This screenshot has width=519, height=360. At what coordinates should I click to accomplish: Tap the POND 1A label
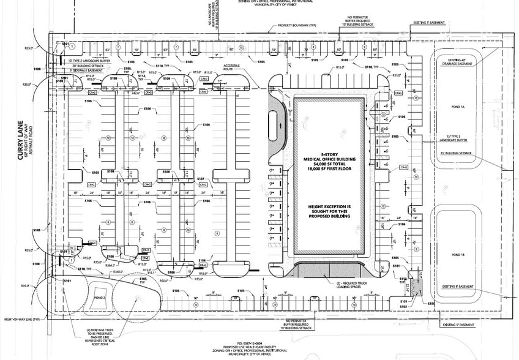(458, 107)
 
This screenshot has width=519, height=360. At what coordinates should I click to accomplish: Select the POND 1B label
(458, 254)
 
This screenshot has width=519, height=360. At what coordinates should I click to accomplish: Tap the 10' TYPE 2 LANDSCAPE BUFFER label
(90, 61)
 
